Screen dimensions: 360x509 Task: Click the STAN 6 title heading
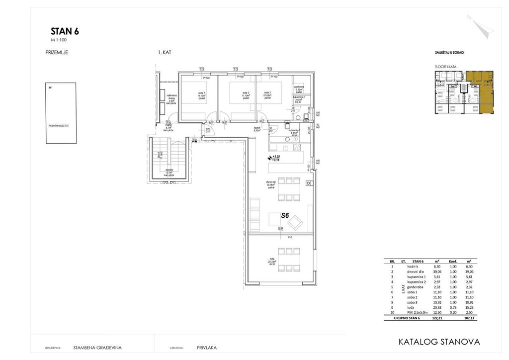[65, 31]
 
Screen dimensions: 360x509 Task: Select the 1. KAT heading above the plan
[164, 52]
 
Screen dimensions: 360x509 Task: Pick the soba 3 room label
[267, 93]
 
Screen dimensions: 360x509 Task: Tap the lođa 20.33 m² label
[272, 261]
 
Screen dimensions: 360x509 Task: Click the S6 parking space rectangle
[59, 113]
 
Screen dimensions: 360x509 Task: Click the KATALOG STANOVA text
[439, 342]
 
